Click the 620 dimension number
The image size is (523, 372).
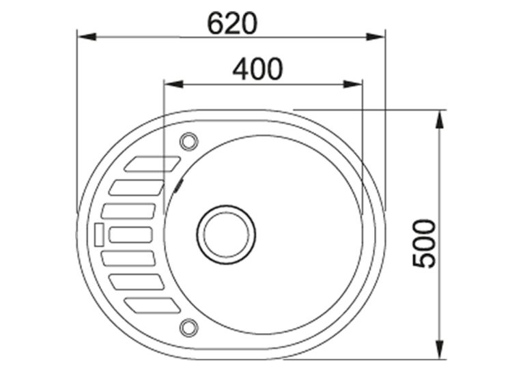click(x=232, y=23)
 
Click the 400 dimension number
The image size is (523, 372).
click(x=257, y=69)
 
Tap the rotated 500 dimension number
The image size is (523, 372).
click(x=424, y=243)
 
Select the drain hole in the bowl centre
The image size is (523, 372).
click(x=226, y=234)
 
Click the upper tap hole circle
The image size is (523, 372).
click(x=189, y=141)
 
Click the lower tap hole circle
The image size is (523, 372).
click(x=189, y=327)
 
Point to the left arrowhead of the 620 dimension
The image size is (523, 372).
click(x=87, y=36)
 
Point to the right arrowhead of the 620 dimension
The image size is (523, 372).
click(x=376, y=36)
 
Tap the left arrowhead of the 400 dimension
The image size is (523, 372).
click(x=174, y=85)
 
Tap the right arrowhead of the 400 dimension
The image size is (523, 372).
click(x=353, y=85)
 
